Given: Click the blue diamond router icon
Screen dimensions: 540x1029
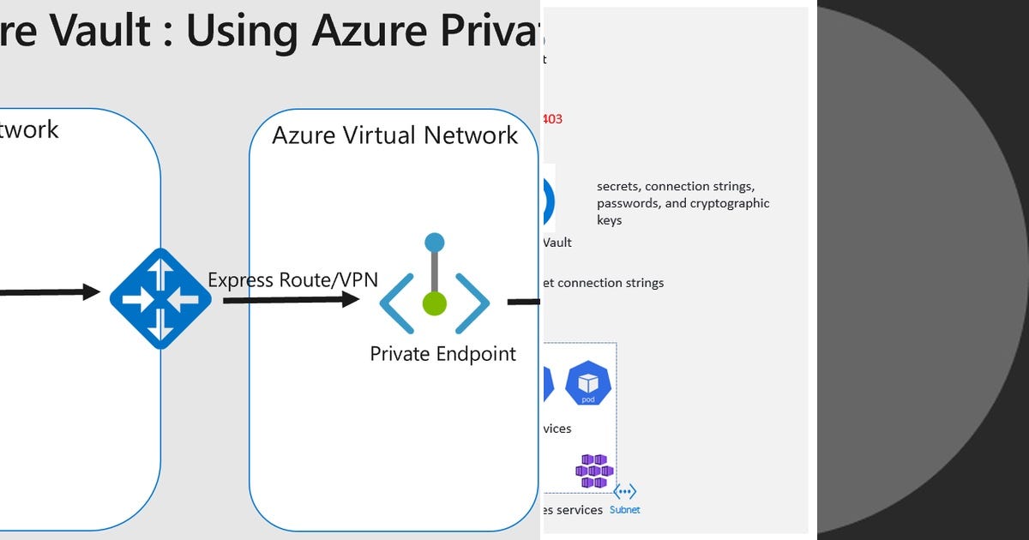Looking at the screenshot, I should [x=159, y=298].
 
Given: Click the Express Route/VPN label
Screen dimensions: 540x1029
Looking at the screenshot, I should [x=292, y=280].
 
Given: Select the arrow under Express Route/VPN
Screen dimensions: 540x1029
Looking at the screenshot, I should [x=291, y=299].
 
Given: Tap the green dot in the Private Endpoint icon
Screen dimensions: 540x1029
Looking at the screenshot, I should [x=435, y=303].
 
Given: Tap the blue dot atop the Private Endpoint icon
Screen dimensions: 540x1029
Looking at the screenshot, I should [x=435, y=243].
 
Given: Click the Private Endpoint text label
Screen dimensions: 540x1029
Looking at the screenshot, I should [x=442, y=353].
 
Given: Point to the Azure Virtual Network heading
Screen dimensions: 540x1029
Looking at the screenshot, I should [x=394, y=135].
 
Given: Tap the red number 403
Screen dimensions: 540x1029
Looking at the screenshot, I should [x=552, y=119].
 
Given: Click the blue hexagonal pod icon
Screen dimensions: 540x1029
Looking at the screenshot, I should [x=588, y=382].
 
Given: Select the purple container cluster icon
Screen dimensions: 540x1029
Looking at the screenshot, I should [x=594, y=471].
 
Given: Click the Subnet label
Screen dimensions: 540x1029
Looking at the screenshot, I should [x=624, y=510].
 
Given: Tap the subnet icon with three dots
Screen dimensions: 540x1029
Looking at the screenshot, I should [x=624, y=492].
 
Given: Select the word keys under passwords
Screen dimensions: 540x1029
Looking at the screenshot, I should [x=610, y=220].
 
